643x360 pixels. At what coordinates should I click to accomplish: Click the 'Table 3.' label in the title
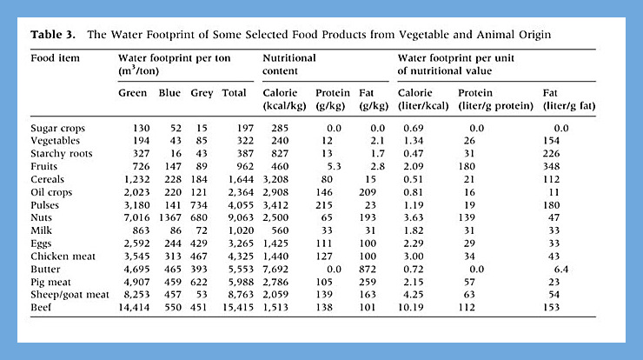pyautogui.click(x=53, y=35)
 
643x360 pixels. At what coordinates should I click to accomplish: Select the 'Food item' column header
pyautogui.click(x=55, y=58)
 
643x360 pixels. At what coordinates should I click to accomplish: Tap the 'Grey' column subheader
pyautogui.click(x=202, y=93)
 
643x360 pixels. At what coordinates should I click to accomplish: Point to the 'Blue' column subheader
pyautogui.click(x=169, y=93)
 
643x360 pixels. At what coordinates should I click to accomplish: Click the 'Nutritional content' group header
pyautogui.click(x=289, y=64)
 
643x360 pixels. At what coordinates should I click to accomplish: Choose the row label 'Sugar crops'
pyautogui.click(x=58, y=129)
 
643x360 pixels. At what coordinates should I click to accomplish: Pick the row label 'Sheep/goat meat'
pyautogui.click(x=70, y=295)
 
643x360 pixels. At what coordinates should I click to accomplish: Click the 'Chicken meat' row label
pyautogui.click(x=63, y=257)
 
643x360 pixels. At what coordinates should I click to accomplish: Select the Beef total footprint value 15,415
pyautogui.click(x=238, y=308)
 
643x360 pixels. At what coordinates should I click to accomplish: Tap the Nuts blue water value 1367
pyautogui.click(x=169, y=217)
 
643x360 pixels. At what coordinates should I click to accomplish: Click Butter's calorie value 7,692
pyautogui.click(x=275, y=270)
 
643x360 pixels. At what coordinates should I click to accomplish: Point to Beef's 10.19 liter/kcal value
pyautogui.click(x=411, y=308)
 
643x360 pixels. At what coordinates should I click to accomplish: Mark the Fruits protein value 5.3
pyautogui.click(x=335, y=166)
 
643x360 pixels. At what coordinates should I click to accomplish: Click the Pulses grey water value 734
pyautogui.click(x=199, y=205)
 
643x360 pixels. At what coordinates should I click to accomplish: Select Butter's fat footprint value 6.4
pyautogui.click(x=561, y=270)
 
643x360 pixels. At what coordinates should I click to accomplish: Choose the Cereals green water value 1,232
pyautogui.click(x=137, y=179)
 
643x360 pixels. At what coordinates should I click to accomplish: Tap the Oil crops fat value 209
pyautogui.click(x=368, y=192)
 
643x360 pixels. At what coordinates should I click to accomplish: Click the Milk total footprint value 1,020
pyautogui.click(x=242, y=230)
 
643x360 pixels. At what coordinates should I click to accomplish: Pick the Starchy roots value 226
pyautogui.click(x=551, y=154)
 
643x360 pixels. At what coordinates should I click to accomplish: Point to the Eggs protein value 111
pyautogui.click(x=324, y=243)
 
